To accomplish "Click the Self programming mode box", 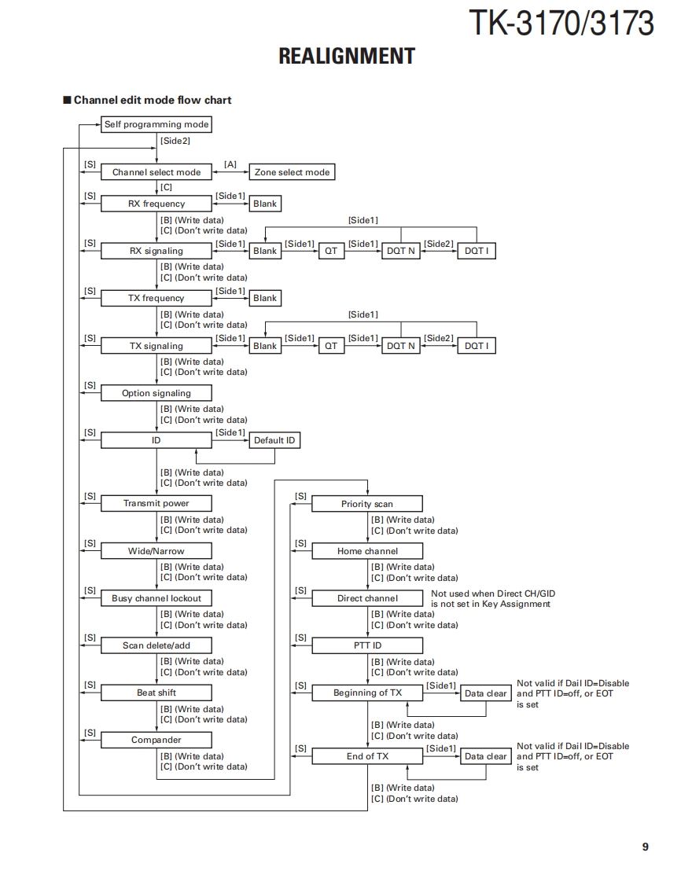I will tap(156, 124).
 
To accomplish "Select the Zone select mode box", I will tap(292, 172).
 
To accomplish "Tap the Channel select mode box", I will tap(156, 172).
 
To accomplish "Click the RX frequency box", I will tap(156, 204).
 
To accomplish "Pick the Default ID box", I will tap(274, 440).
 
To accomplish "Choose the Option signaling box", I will tap(156, 393).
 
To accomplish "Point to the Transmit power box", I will tap(156, 503).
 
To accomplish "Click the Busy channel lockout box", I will tap(156, 598).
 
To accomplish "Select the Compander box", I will tap(156, 740).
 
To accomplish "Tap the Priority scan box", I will tap(367, 504).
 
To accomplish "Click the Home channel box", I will tap(367, 551).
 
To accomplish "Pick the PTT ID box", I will tap(367, 645).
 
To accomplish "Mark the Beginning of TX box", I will tap(367, 693).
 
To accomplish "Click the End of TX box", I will tap(367, 756).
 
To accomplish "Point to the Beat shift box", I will tap(156, 693).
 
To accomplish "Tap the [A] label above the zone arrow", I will tap(230, 164).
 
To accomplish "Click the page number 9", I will tap(645, 847).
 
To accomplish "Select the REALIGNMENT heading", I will tap(347, 56).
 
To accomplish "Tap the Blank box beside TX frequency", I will tap(265, 298).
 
